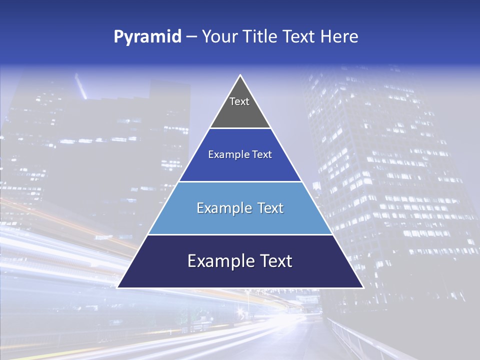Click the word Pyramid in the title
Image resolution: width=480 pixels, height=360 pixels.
(x=147, y=37)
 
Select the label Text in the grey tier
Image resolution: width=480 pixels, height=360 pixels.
(x=239, y=101)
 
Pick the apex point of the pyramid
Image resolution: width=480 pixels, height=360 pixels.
(x=240, y=75)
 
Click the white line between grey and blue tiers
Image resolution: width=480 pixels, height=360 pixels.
(x=240, y=128)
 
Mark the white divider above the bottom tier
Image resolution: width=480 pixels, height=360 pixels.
(x=240, y=234)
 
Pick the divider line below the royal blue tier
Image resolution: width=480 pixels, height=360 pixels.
(x=240, y=181)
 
